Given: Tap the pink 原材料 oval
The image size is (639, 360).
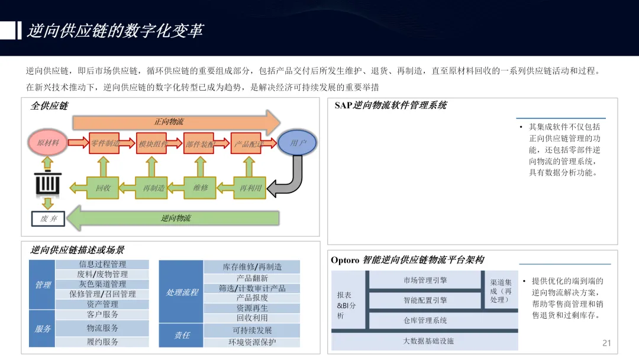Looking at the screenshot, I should (x=48, y=143).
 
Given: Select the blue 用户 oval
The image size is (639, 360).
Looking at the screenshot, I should (x=298, y=143).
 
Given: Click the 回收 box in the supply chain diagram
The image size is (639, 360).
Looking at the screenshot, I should (x=103, y=188).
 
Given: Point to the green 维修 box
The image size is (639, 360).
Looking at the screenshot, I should (x=201, y=188).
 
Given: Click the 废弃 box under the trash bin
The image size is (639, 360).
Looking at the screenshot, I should (x=48, y=219).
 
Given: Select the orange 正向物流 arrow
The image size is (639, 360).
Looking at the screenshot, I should (x=175, y=122).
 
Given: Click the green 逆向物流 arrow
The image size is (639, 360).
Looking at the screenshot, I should (x=175, y=218).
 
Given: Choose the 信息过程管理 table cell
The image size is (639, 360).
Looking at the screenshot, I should (x=102, y=264).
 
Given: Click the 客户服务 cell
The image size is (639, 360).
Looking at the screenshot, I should (x=102, y=314).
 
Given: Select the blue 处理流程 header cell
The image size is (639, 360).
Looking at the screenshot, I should (x=182, y=292).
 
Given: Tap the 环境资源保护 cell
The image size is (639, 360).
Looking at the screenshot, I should (x=252, y=342).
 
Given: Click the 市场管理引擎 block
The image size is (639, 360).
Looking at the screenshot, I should (x=425, y=280).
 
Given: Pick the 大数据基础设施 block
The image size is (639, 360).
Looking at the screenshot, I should (x=428, y=341).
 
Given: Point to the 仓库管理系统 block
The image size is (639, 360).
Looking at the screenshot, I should (x=425, y=320).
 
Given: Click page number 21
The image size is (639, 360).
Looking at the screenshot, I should (x=606, y=343).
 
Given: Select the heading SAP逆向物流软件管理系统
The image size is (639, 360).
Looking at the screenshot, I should (x=390, y=105).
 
